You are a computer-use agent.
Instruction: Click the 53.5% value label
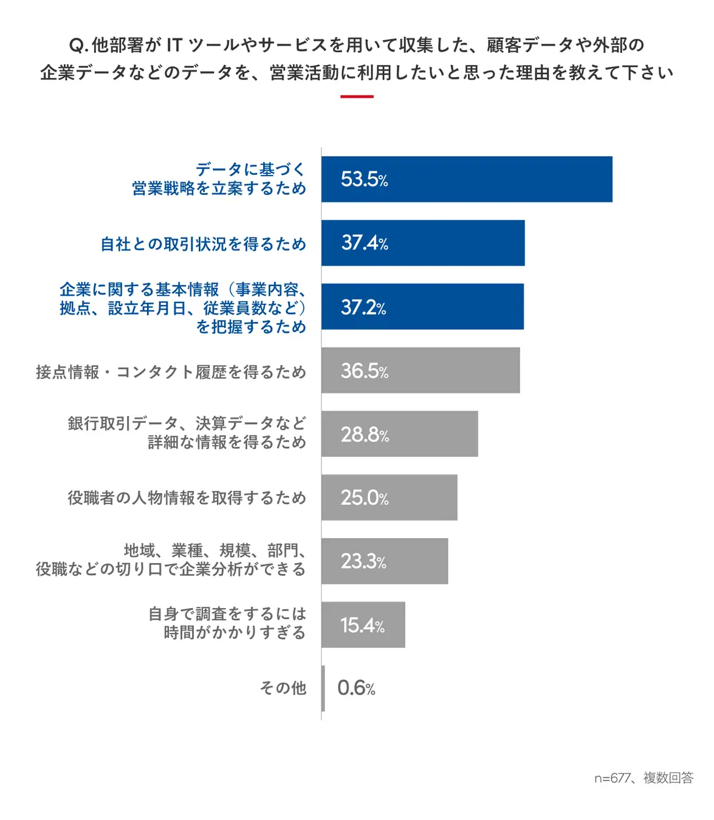[364, 179]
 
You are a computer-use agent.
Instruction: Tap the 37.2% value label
[363, 307]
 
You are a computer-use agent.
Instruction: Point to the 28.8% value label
[365, 434]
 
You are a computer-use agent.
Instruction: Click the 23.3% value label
[363, 561]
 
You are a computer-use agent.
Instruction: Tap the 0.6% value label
[356, 688]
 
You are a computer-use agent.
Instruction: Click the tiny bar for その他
[323, 688]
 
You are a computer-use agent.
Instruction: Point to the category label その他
[283, 688]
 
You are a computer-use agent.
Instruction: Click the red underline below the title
[357, 97]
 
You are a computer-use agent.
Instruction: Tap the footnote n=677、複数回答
[644, 778]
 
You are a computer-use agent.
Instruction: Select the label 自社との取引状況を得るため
[203, 244]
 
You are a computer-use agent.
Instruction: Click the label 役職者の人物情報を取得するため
[187, 498]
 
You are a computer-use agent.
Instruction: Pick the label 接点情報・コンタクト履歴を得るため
[171, 372]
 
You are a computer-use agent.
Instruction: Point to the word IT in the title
[174, 45]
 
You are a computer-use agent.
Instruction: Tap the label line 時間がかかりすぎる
[235, 633]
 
